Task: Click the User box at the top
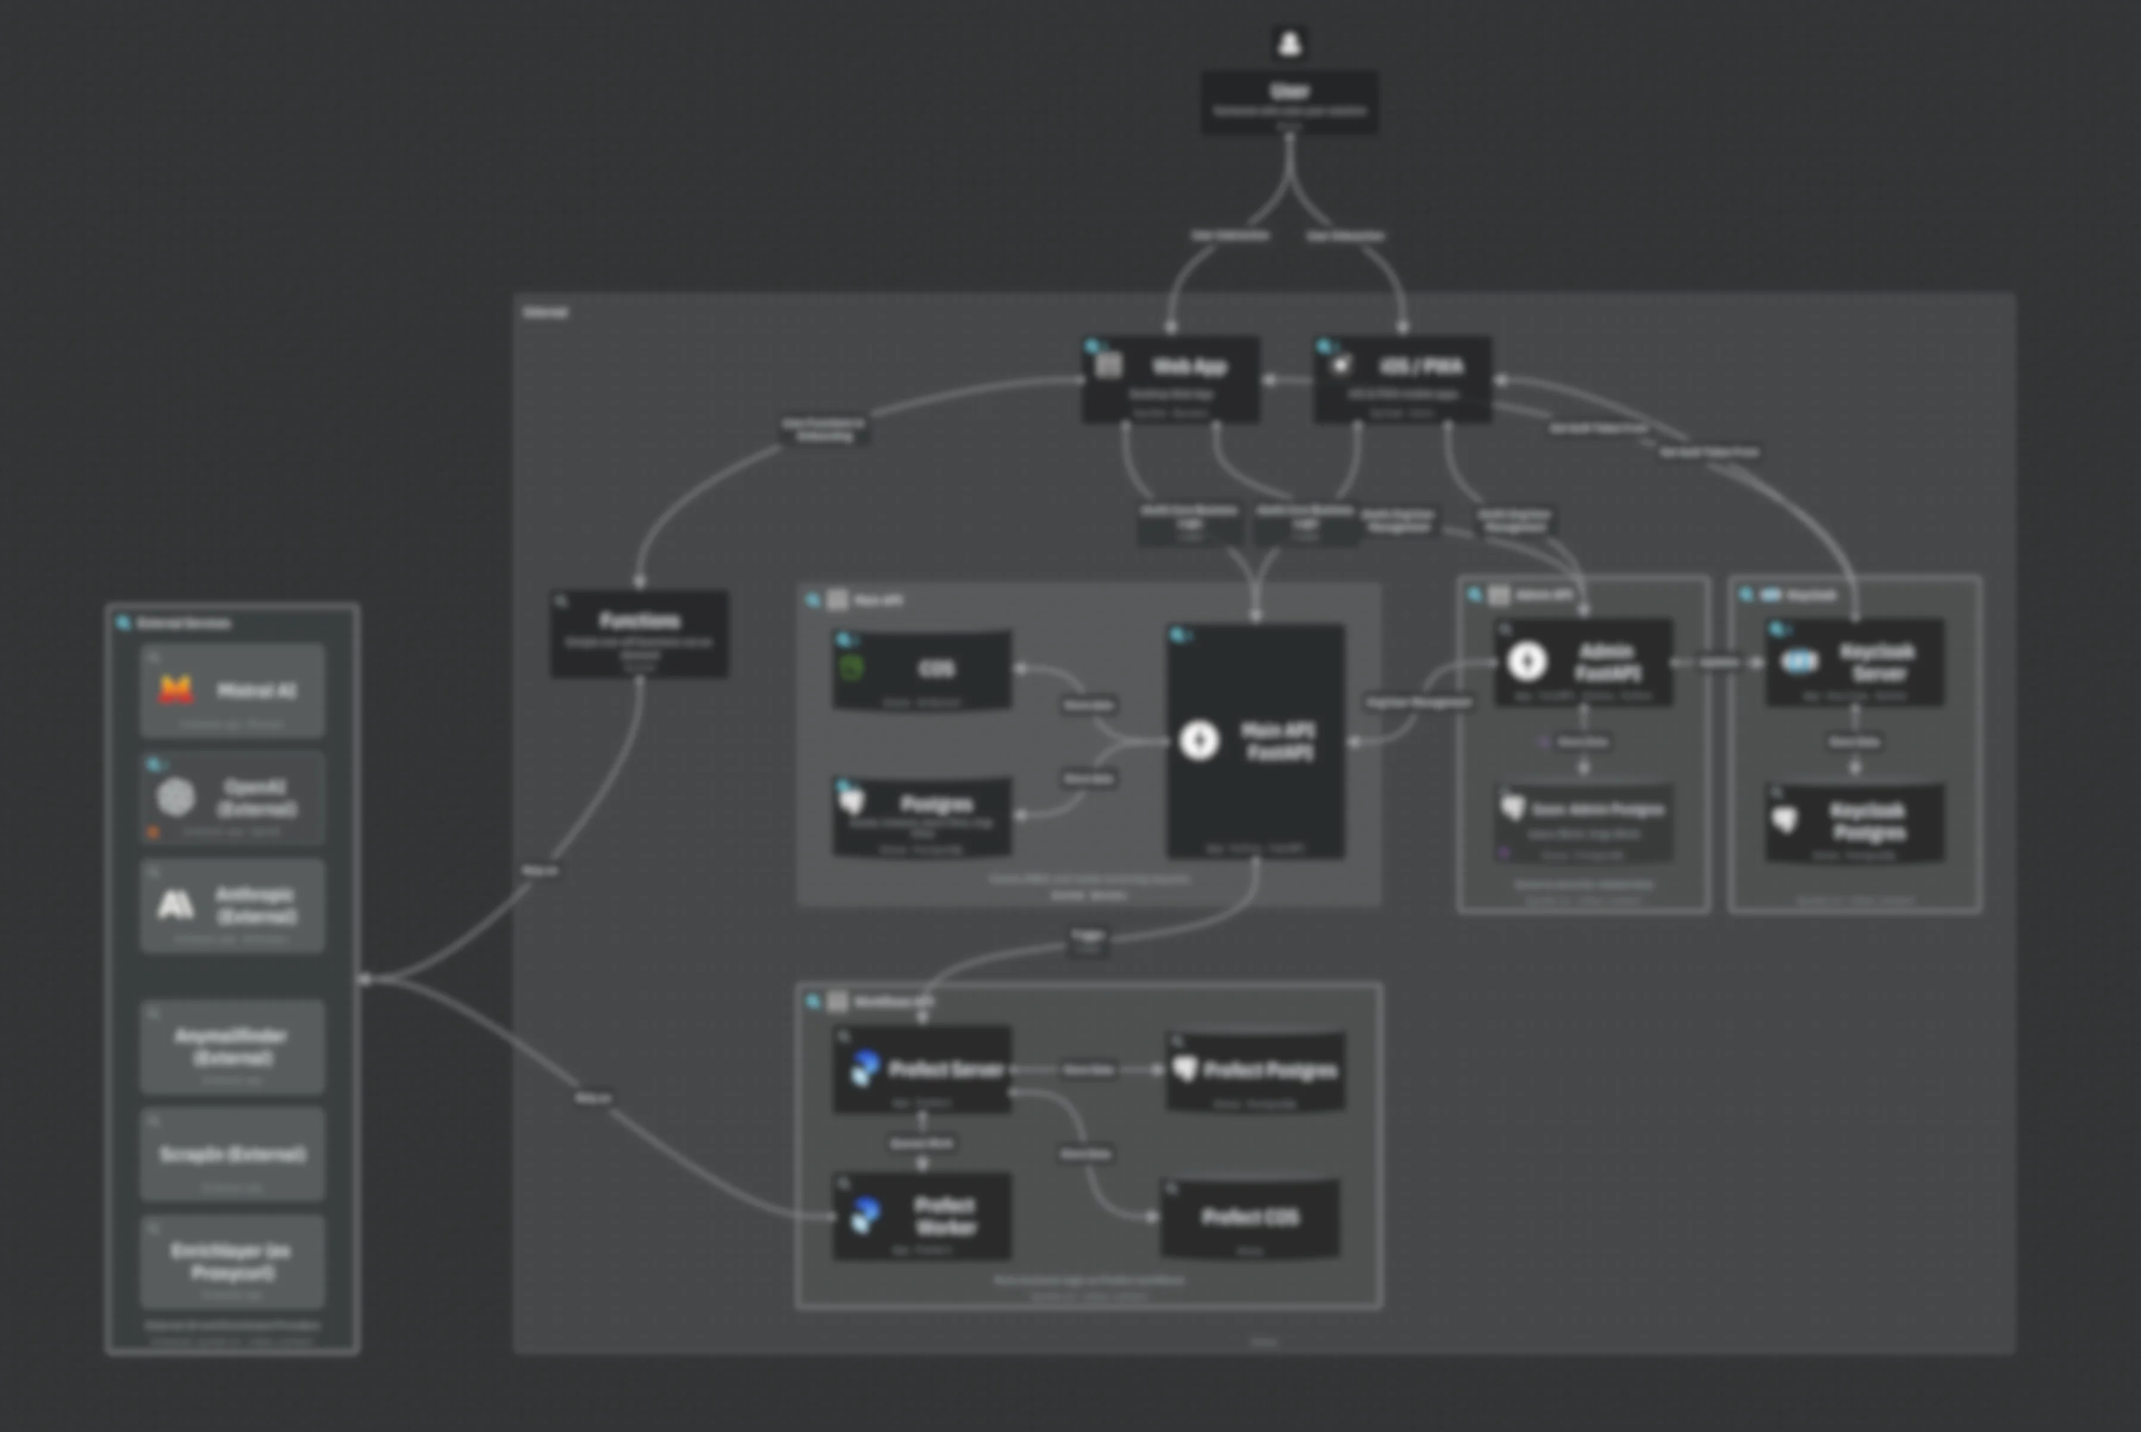pos(1289,101)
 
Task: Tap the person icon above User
pos(1289,43)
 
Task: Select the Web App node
pos(1171,379)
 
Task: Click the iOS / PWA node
pos(1403,379)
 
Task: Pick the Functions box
pos(639,633)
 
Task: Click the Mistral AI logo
pos(175,690)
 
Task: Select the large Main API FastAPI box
pos(1255,740)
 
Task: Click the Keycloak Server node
pos(1854,662)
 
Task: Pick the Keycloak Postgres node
pos(1854,822)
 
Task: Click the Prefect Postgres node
pos(1255,1070)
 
